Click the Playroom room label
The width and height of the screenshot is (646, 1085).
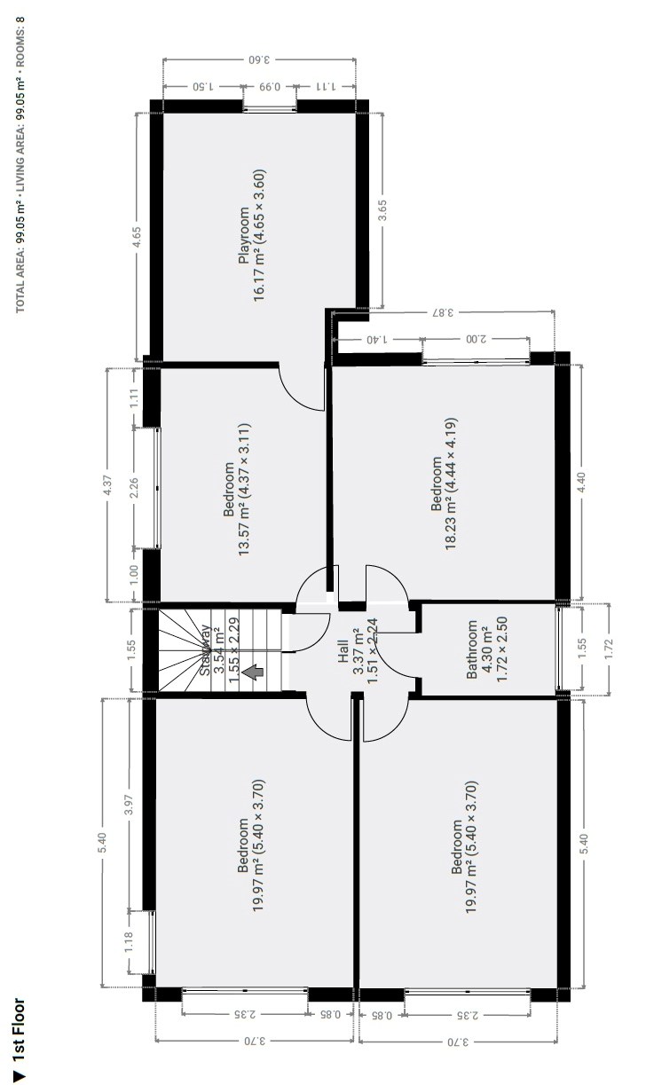tap(244, 235)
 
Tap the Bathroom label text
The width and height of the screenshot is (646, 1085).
tap(471, 649)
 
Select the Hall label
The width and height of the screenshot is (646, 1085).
tap(343, 651)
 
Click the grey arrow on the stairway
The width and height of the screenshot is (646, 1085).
tap(253, 672)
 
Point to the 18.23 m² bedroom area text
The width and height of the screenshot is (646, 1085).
tap(451, 484)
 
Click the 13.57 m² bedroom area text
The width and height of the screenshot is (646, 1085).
tap(243, 489)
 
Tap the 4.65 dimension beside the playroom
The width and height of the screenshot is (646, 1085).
tap(138, 238)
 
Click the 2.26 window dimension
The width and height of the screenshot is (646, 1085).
tap(134, 488)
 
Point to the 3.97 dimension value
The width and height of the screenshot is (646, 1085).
tap(129, 805)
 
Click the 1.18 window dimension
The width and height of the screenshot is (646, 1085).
tap(129, 942)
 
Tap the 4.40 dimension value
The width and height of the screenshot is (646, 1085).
tap(582, 483)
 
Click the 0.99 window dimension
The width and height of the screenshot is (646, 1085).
tap(270, 87)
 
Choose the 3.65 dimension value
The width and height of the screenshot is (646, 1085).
tap(382, 211)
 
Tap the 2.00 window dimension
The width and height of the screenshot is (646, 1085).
tap(476, 339)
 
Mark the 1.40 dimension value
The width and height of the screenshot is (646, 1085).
tap(376, 340)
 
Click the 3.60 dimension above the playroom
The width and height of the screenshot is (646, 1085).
tap(259, 60)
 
